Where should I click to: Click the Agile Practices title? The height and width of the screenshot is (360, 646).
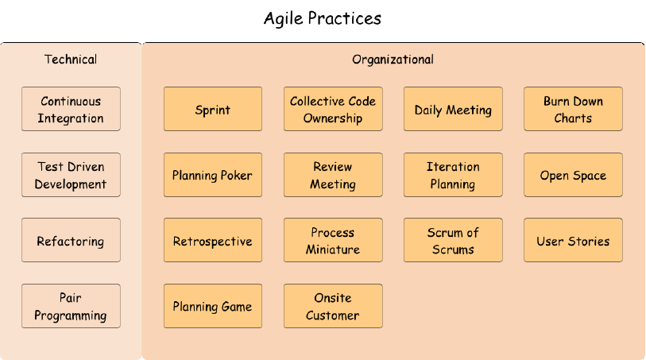(323, 17)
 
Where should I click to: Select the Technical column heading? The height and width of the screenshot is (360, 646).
(71, 60)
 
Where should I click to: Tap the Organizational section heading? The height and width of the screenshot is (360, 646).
(393, 60)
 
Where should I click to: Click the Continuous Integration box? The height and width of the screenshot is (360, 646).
(71, 109)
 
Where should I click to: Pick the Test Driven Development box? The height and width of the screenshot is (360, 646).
(71, 175)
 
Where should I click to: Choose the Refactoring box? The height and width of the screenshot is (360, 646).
(71, 240)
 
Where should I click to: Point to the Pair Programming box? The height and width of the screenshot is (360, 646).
(71, 306)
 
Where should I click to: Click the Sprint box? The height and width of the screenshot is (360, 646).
(212, 109)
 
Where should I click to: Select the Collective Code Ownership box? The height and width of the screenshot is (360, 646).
(333, 109)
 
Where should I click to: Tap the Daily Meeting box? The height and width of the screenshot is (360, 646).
(453, 109)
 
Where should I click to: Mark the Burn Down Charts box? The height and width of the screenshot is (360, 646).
(573, 109)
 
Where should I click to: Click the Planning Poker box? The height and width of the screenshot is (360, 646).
(212, 175)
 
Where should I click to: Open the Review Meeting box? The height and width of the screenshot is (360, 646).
(333, 175)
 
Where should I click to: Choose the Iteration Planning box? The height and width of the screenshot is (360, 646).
(453, 175)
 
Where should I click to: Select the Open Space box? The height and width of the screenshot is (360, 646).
(573, 175)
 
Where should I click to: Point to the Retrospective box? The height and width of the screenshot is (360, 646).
(212, 240)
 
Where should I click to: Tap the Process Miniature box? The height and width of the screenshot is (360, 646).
(333, 240)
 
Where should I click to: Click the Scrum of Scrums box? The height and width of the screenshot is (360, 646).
(453, 240)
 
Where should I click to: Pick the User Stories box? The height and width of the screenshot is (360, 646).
(573, 240)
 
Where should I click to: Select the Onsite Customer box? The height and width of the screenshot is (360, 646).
(333, 306)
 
